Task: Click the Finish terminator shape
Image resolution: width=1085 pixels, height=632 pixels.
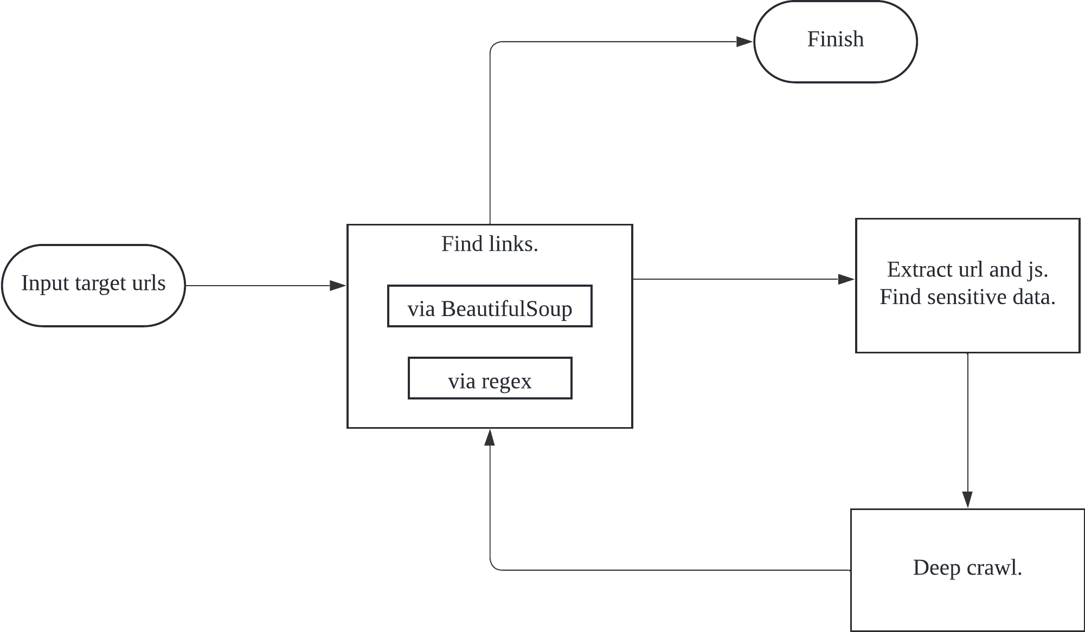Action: [x=835, y=42]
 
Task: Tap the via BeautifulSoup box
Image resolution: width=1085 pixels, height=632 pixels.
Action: [x=490, y=306]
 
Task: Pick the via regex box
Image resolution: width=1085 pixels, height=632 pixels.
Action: [x=490, y=378]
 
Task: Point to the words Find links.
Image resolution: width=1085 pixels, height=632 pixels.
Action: [x=490, y=244]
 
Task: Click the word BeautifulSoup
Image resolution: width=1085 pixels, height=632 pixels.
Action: [x=506, y=309]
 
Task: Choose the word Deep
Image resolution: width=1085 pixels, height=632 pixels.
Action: [x=936, y=568]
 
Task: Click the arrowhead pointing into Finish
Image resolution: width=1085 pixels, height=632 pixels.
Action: [x=744, y=42]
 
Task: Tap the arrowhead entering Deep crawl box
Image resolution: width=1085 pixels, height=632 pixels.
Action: [x=967, y=499]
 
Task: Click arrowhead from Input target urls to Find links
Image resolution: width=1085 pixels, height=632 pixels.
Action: [x=337, y=285]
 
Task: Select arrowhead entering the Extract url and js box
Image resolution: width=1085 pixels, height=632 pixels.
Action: [x=846, y=279]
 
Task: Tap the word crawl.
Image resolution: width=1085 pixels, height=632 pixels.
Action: [x=995, y=568]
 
